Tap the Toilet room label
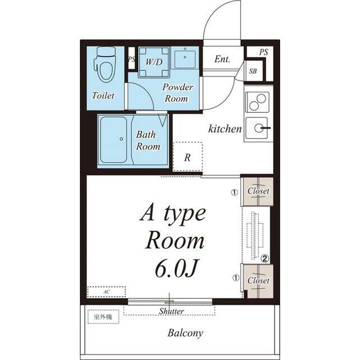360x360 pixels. click(x=103, y=96)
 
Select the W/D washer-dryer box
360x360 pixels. click(x=154, y=62)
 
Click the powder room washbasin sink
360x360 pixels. click(x=185, y=59)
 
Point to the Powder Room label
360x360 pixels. click(x=178, y=93)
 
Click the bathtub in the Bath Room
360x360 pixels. click(x=114, y=139)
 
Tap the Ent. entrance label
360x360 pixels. click(x=222, y=59)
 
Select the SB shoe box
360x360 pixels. click(x=253, y=71)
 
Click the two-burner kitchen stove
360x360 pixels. click(x=257, y=102)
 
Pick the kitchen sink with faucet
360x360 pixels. click(x=257, y=128)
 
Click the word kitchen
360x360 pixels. click(x=225, y=128)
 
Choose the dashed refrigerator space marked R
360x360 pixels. click(x=187, y=156)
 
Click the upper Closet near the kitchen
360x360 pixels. click(x=258, y=191)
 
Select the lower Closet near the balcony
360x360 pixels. click(x=258, y=281)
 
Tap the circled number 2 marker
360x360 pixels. click(x=265, y=259)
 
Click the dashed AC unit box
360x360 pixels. click(x=106, y=292)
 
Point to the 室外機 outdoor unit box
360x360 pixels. click(x=103, y=317)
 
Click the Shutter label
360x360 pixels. click(x=172, y=311)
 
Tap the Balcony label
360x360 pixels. click(x=185, y=333)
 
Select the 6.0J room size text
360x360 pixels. click(x=176, y=268)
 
